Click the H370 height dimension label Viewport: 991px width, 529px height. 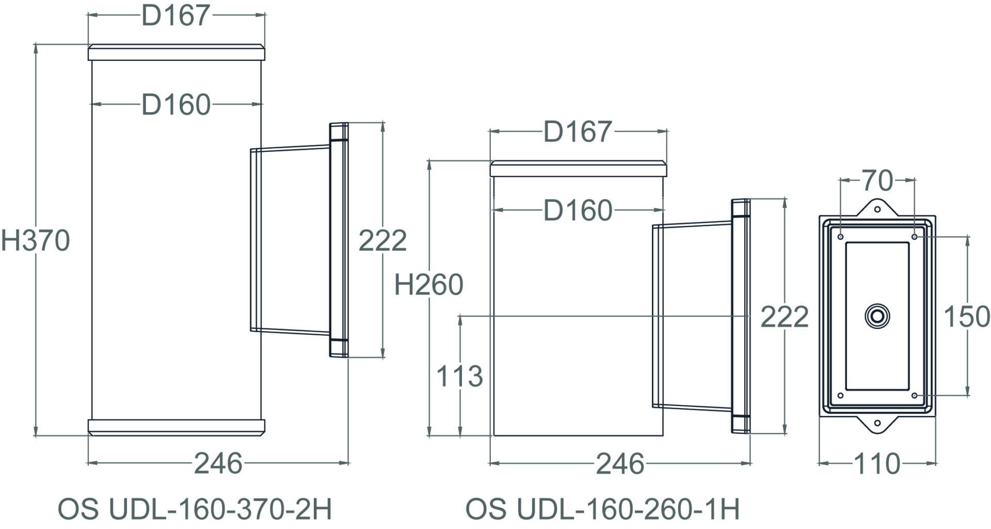(35, 241)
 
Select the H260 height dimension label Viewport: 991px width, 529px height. (428, 285)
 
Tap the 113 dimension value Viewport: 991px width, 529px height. (459, 376)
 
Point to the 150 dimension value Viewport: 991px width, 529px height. (966, 317)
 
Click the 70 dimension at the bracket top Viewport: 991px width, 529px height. (877, 181)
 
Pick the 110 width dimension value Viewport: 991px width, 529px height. (877, 464)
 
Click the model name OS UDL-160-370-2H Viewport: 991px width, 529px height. (195, 509)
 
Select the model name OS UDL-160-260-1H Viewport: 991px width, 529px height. (602, 509)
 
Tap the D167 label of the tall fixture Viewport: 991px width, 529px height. (175, 15)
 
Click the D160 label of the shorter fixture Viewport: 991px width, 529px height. (578, 211)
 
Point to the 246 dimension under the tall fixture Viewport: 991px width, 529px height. (218, 463)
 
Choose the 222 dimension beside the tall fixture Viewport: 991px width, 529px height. (382, 241)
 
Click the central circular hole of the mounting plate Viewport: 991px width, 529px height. (877, 316)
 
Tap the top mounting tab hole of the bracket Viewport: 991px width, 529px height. (877, 210)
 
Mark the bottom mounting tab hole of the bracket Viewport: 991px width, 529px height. (877, 423)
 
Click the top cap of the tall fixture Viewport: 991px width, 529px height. (176, 53)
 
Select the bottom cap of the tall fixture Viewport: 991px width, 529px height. (176, 427)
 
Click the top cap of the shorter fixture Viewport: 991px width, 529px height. (578, 169)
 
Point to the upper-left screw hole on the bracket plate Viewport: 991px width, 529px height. (840, 237)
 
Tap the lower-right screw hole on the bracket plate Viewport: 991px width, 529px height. (914, 396)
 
